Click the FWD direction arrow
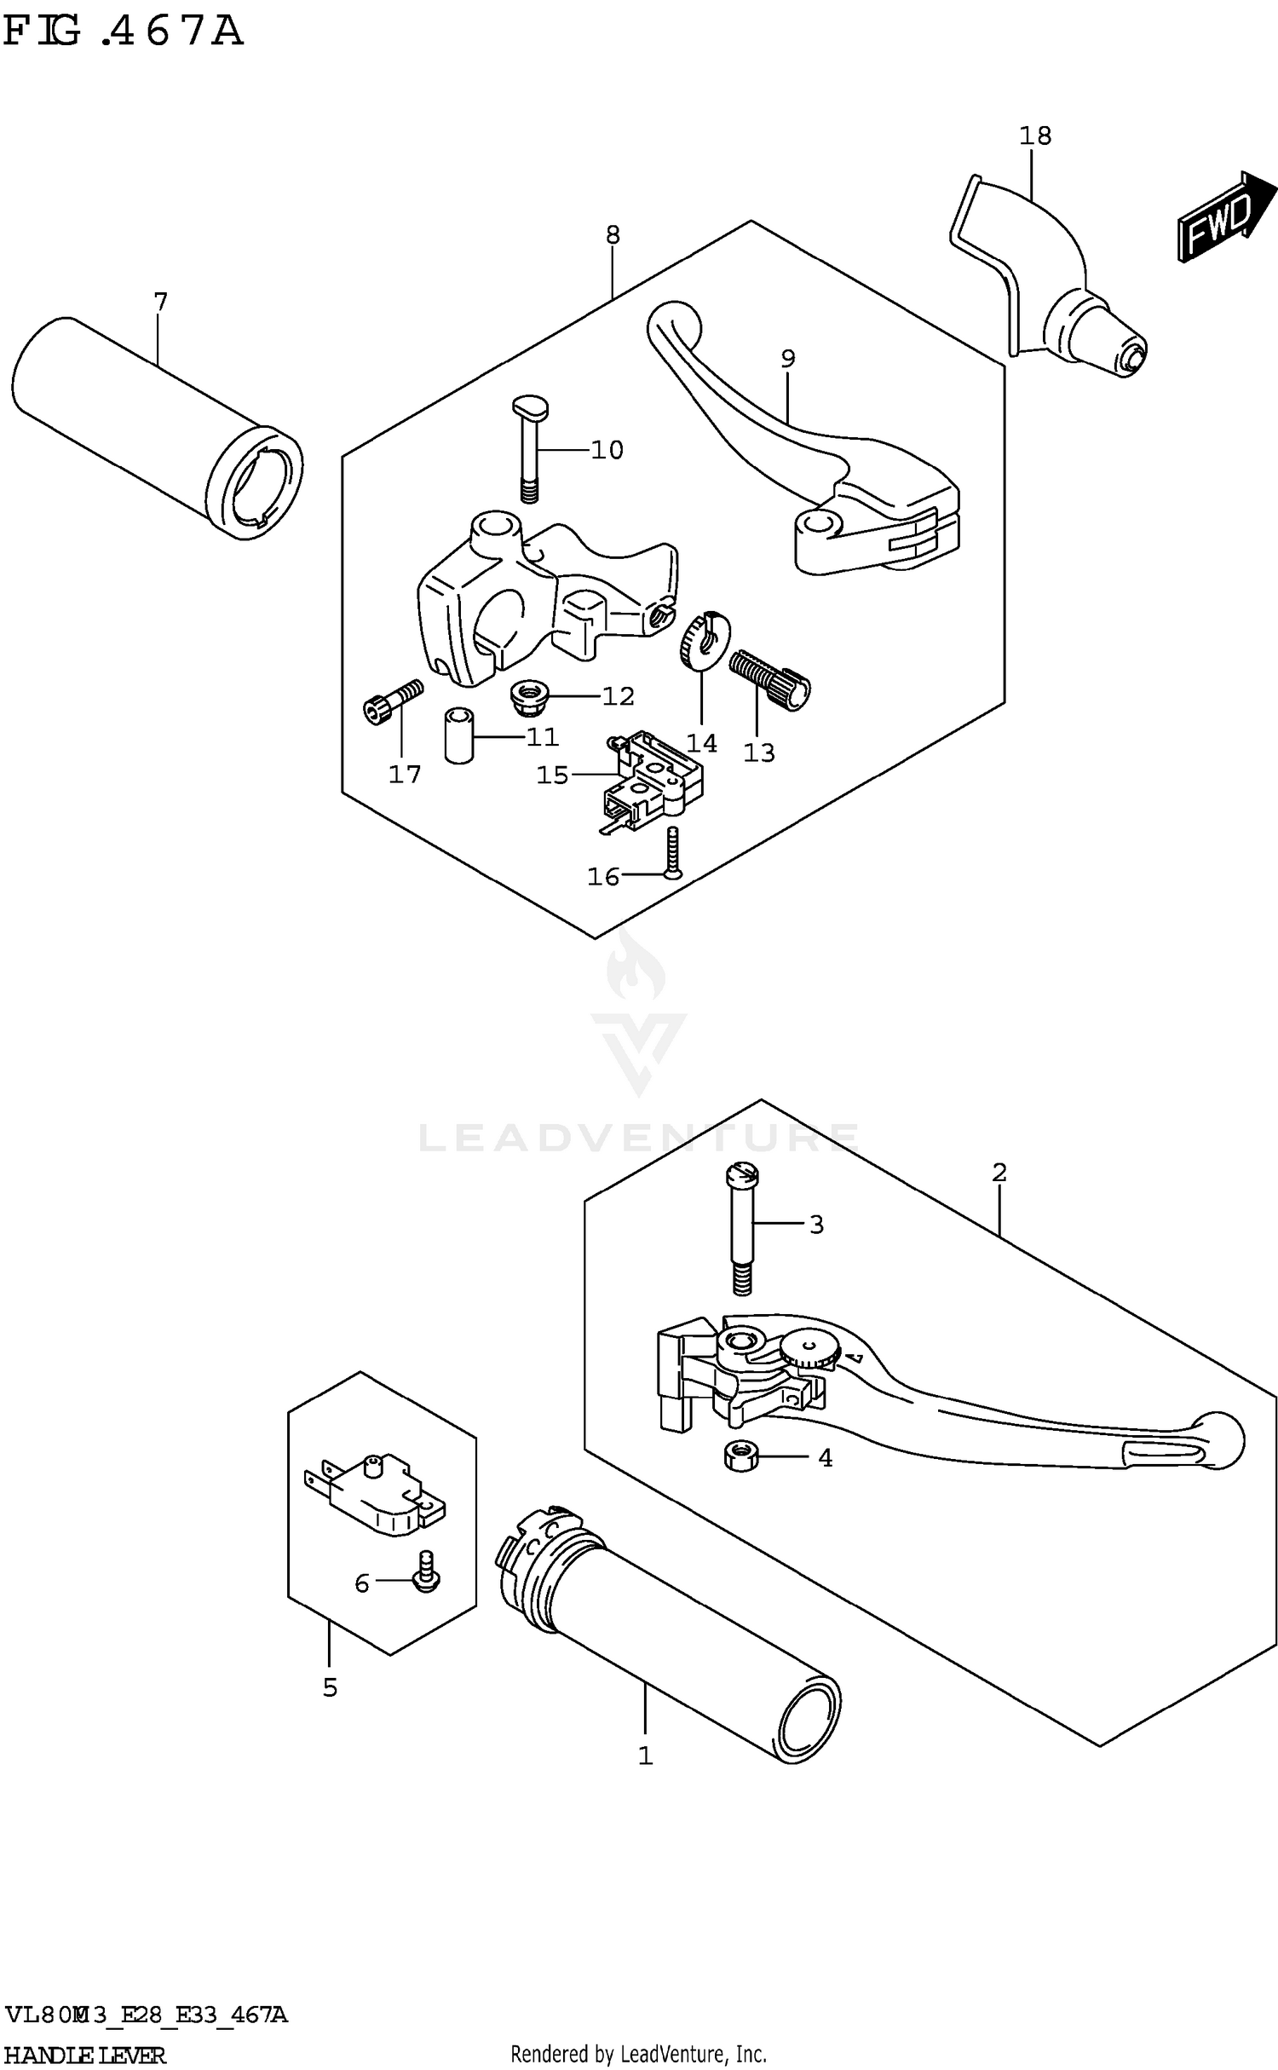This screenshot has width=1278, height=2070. pos(1225,216)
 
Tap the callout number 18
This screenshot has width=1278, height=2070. pos(1035,136)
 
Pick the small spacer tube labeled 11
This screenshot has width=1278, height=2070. pos(458,735)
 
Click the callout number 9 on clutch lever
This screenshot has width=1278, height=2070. pos(787,359)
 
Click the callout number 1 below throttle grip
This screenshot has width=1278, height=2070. pos(645,1755)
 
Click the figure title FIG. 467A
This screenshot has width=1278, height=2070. pos(124,32)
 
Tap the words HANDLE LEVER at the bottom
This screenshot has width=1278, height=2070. pos(84,2054)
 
